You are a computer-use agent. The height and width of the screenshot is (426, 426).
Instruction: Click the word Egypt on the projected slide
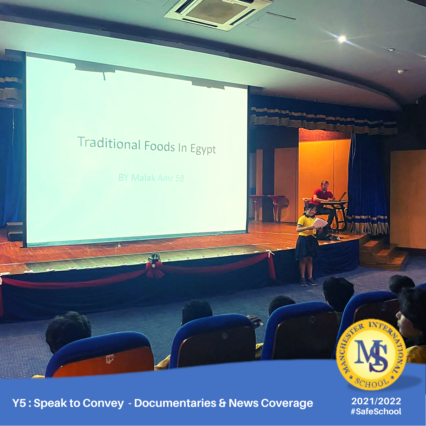203,149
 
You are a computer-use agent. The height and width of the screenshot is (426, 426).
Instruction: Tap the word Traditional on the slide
109,143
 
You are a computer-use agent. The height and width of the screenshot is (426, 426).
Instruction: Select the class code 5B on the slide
180,178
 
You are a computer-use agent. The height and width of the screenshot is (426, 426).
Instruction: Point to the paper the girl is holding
319,223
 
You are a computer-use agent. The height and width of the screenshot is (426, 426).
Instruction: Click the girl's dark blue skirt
307,247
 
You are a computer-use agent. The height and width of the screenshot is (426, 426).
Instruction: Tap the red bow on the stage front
154,270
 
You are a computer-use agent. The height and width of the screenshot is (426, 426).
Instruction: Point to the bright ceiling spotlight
342,39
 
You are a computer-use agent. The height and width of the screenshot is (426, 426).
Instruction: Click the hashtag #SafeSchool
376,411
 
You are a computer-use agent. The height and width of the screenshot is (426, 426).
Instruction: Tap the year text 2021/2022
376,401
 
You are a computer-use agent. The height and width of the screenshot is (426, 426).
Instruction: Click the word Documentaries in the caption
175,403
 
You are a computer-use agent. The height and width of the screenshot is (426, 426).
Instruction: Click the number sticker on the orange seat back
110,359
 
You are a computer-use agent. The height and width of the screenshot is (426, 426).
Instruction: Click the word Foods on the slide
159,146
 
